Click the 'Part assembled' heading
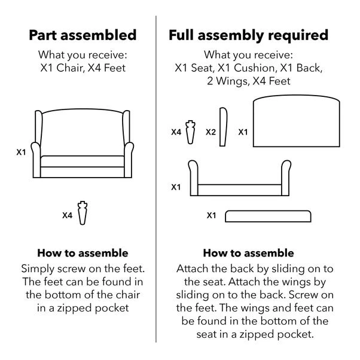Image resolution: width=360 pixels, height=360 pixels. click(x=83, y=35)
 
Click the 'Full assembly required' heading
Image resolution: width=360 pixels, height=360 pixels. click(x=248, y=35)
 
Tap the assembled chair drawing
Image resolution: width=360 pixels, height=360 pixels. click(x=83, y=145)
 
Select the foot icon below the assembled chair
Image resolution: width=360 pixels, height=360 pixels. click(x=83, y=212)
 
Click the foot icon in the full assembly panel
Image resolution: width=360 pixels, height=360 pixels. click(x=191, y=131)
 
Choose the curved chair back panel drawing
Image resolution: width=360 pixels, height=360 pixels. click(x=297, y=124)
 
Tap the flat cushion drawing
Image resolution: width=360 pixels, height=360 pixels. click(x=268, y=215)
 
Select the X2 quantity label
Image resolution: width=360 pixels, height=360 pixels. click(x=210, y=132)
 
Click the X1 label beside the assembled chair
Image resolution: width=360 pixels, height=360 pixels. click(x=21, y=152)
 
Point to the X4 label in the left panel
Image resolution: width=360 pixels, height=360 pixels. click(x=67, y=214)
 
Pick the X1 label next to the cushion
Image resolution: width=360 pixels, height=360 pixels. click(x=211, y=215)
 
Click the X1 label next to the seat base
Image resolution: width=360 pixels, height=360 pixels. click(x=176, y=187)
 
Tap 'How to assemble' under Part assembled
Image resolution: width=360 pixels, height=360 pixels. click(x=83, y=253)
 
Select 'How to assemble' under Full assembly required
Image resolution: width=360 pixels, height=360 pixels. click(x=248, y=253)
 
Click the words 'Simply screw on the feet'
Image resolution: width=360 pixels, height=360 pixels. click(x=83, y=269)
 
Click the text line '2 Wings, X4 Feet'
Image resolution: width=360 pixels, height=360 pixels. click(x=248, y=81)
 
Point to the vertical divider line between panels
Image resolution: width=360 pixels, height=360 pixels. click(x=156, y=179)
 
